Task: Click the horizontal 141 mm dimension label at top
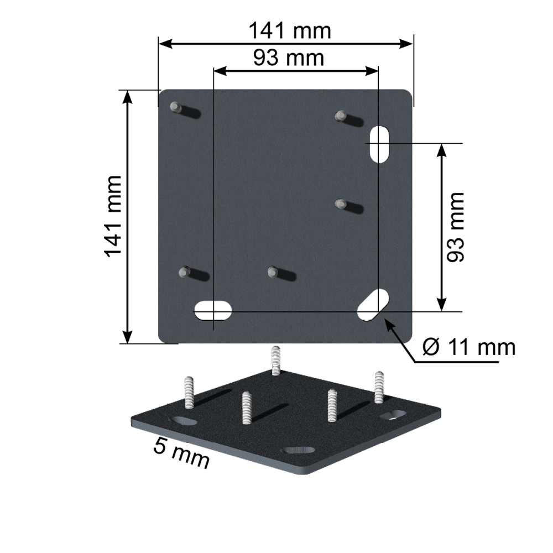click(x=290, y=30)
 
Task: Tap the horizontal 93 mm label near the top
click(x=289, y=58)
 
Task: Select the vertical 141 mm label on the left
click(x=113, y=216)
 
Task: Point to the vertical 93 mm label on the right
click(x=455, y=227)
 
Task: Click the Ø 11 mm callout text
click(x=469, y=347)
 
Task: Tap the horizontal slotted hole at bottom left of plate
click(x=213, y=311)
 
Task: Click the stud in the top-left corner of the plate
click(x=175, y=106)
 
